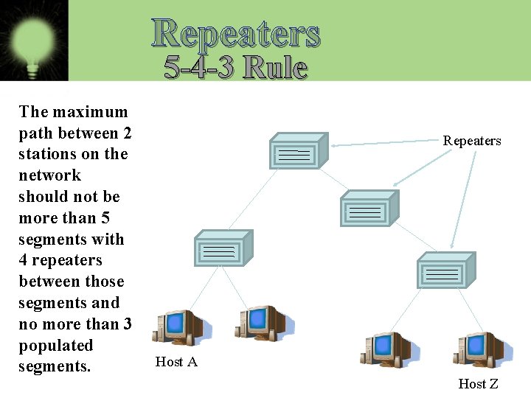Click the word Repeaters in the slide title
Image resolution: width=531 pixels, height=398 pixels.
pyautogui.click(x=236, y=33)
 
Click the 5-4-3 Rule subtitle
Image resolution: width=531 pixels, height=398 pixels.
pyautogui.click(x=236, y=68)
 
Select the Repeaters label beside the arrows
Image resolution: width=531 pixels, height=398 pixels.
pyautogui.click(x=472, y=141)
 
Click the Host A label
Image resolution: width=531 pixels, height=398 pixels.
pyautogui.click(x=176, y=362)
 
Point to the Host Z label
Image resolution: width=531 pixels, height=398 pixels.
pyautogui.click(x=478, y=383)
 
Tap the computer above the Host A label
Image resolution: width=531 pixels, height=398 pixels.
pyautogui.click(x=178, y=328)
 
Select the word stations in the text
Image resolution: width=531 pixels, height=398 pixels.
pyautogui.click(x=46, y=154)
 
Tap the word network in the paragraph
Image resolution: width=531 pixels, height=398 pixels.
pyautogui.click(x=50, y=175)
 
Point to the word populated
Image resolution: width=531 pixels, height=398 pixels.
pyautogui.click(x=56, y=346)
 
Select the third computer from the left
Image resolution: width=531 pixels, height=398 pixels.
pyautogui.click(x=385, y=349)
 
